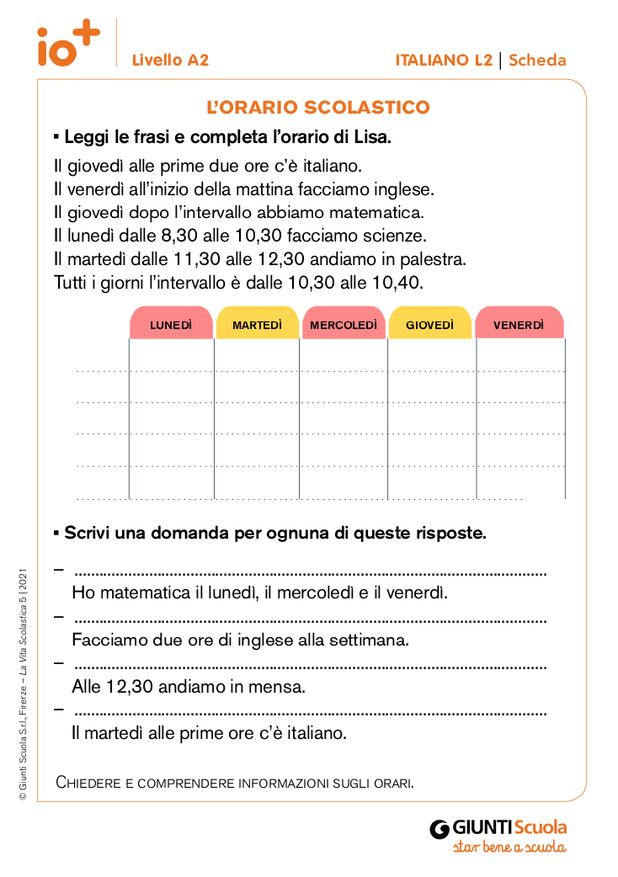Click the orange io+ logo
[x=67, y=44]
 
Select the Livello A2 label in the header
[x=170, y=60]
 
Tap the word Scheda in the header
[x=537, y=60]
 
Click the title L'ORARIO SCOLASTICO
[x=318, y=108]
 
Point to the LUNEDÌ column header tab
[x=171, y=324]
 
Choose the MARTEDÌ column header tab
[x=258, y=324]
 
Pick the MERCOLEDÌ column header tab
[x=344, y=324]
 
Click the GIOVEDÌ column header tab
[x=429, y=324]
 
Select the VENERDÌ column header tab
[x=519, y=324]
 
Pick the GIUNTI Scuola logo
[x=498, y=834]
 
